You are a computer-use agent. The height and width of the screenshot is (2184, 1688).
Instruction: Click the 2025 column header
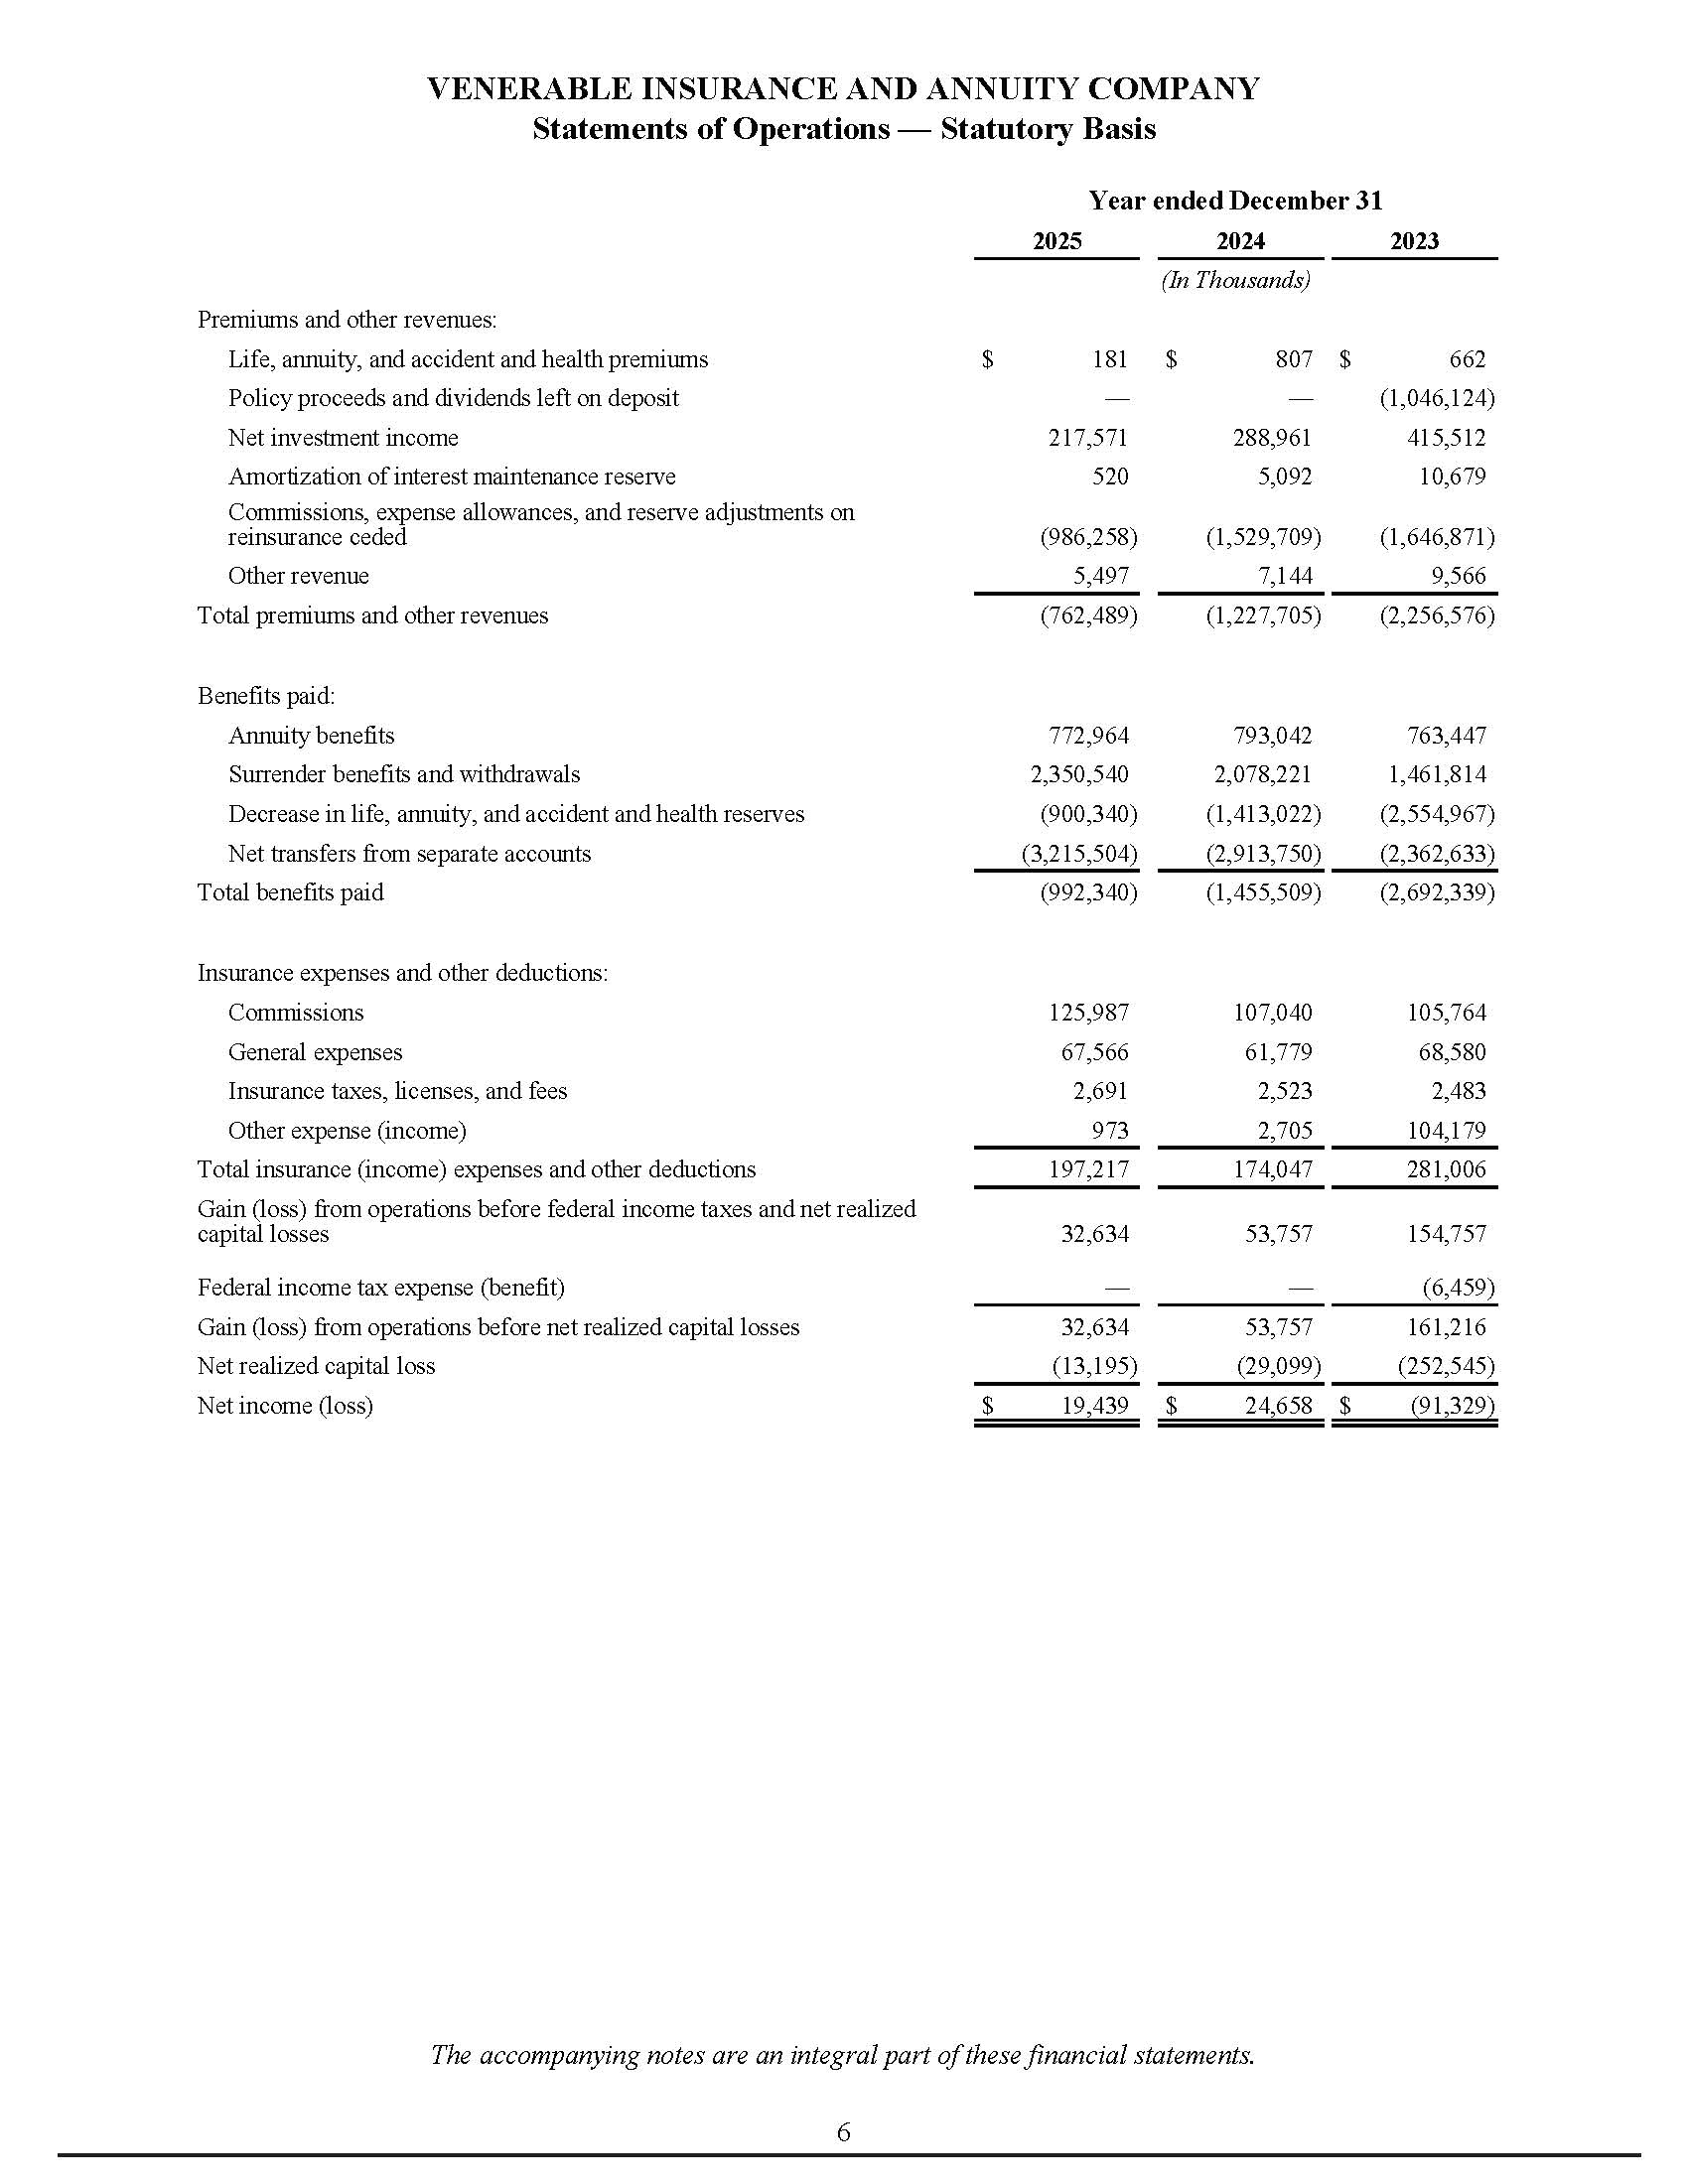pos(1056,241)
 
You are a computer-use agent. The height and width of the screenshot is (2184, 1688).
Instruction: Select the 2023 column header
pos(1414,241)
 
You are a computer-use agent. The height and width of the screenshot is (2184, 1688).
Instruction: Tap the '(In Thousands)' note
pos(1235,280)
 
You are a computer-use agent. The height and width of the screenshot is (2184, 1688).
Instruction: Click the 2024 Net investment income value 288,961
pos(1271,438)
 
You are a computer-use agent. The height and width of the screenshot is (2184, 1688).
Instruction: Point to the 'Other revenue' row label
pos(298,576)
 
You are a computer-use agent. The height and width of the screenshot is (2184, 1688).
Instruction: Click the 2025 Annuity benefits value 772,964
pos(1088,736)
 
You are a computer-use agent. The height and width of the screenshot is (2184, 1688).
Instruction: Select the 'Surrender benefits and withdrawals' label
pos(404,775)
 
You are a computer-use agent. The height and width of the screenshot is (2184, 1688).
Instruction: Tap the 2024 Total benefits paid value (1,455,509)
pos(1263,892)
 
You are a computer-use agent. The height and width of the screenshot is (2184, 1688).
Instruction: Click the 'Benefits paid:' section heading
pos(266,696)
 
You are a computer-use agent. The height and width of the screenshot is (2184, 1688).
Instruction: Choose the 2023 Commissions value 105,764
pos(1446,1013)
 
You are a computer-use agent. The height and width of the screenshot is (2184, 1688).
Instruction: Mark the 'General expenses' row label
pos(315,1052)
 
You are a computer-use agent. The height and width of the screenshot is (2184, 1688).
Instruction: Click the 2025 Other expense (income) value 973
pos(1110,1131)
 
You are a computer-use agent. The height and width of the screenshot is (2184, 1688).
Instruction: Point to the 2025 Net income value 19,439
pos(1094,1406)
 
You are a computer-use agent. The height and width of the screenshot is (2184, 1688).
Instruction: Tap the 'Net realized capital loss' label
pos(316,1366)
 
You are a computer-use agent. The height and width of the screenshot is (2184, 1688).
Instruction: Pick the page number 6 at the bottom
pos(843,2132)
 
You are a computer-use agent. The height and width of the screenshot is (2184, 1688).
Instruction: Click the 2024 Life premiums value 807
pos(1293,359)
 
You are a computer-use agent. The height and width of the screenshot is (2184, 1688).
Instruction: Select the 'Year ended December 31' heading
pos(1235,201)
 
